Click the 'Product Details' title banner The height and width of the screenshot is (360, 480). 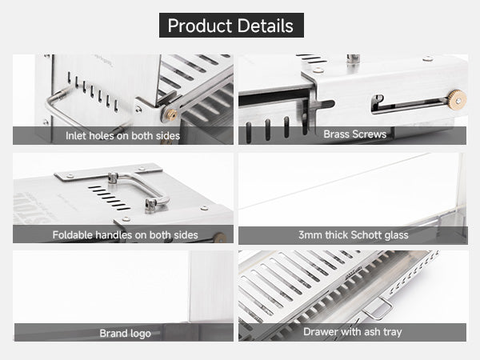pos(231,25)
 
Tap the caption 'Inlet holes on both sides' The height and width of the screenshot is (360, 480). pos(122,136)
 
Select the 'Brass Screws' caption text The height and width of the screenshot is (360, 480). pos(354,134)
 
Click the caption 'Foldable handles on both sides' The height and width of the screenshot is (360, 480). pos(126,234)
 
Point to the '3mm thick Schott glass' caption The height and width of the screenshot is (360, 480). pos(354,235)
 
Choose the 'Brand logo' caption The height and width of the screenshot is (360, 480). pos(126,333)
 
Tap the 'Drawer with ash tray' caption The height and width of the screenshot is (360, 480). pos(353,332)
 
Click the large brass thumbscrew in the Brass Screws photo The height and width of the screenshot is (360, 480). pos(458,100)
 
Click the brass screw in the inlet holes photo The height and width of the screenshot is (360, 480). pos(170,114)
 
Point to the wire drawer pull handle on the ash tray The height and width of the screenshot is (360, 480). pos(378,309)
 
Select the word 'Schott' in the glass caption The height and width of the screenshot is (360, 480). pos(365,235)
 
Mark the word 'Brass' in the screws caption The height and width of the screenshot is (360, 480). pos(337,134)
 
